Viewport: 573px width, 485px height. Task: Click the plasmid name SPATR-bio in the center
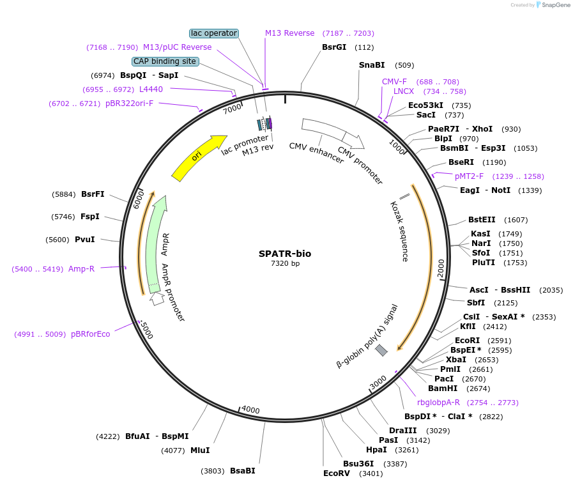pos(285,254)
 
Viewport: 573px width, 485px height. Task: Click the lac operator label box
pos(214,33)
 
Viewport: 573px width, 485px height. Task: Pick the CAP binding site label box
pos(165,61)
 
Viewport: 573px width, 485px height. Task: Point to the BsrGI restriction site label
pos(334,47)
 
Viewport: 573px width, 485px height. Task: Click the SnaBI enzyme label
pos(372,65)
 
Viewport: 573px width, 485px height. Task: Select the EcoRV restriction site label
pos(337,473)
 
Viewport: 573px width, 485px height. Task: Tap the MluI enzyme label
pos(200,450)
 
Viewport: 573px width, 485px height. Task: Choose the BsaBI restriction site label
pos(243,471)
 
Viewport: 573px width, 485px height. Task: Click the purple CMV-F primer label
pos(394,82)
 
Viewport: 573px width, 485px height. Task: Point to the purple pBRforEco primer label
pos(90,334)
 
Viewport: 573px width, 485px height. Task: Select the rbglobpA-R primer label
pos(438,403)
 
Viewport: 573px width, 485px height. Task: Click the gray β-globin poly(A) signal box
pos(381,350)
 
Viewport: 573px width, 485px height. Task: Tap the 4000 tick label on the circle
pos(250,410)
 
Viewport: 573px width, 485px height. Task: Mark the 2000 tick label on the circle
pos(441,268)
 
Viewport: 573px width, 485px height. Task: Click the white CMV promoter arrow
pos(354,141)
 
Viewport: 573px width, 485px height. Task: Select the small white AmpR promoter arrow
pos(157,298)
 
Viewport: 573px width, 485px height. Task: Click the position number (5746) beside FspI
pos(63,217)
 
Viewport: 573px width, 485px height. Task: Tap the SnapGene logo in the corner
pos(553,4)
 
